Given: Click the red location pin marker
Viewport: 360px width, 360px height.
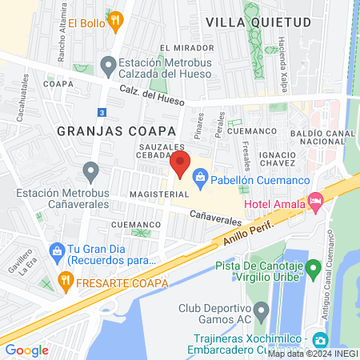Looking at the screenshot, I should [x=180, y=164].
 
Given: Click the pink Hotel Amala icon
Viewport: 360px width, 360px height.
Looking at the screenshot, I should [x=315, y=203].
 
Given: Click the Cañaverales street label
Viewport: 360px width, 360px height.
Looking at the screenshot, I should [x=216, y=216].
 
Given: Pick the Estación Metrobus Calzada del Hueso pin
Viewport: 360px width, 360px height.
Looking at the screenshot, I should [x=106, y=64].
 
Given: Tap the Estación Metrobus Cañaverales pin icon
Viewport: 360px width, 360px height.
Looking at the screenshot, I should [x=90, y=170].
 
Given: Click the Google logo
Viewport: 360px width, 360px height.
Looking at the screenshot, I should [x=26, y=350].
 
